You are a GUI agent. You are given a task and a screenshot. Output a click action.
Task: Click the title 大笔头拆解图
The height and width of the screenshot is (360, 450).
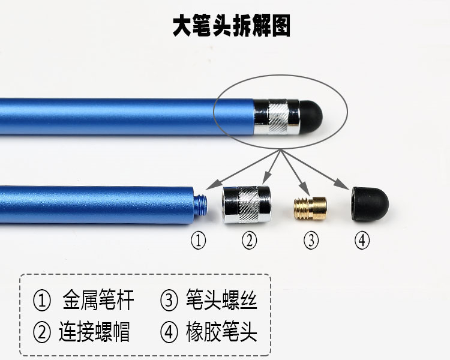coord(232,26)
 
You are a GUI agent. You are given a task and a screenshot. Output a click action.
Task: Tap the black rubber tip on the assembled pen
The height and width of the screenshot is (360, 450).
coord(311,116)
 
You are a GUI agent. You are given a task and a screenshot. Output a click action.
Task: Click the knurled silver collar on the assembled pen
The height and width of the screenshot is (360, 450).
coord(277,116)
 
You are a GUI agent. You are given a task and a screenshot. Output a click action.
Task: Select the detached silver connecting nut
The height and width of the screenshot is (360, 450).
coord(247,205)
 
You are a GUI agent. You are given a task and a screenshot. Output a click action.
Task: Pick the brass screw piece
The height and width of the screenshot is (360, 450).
coord(310,208)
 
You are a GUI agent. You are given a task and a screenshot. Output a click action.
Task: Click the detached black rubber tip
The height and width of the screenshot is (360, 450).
coord(370,204)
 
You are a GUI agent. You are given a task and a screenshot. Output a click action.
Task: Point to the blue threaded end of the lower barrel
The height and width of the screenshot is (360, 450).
coord(201,205)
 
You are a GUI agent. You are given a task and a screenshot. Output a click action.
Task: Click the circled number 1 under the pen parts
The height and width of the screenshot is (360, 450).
coord(199,240)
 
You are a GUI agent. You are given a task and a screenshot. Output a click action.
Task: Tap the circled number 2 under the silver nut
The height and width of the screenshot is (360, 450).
coord(249,240)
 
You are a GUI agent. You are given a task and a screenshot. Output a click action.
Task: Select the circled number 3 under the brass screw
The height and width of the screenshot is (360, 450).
coord(311,240)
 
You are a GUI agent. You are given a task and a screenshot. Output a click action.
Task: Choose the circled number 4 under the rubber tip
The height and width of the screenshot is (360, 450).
coord(362,240)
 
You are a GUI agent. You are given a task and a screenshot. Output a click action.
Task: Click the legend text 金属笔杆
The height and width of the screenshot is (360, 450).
coord(98,300)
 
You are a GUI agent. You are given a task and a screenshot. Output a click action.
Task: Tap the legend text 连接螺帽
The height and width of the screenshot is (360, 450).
coord(94,332)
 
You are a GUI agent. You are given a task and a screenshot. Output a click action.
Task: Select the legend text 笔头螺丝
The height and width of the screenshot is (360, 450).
coord(221,300)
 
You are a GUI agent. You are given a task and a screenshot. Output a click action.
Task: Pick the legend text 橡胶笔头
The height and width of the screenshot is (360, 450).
coord(221,332)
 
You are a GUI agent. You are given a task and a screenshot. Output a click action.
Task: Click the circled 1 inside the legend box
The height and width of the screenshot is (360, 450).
coord(42,301)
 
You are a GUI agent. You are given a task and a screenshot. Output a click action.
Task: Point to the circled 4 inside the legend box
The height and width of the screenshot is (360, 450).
coord(169,332)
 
